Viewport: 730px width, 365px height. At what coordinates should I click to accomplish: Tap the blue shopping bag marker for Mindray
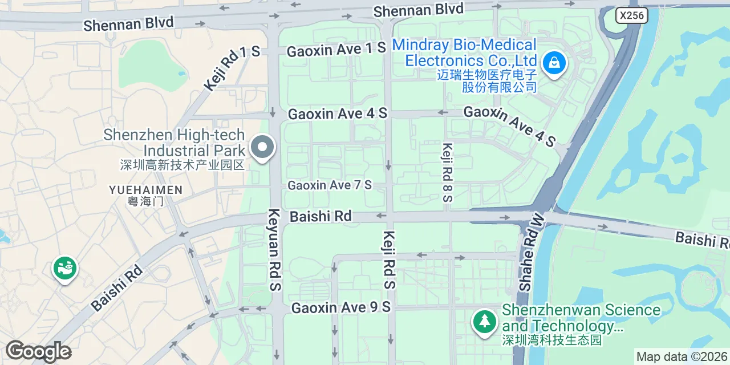point(554,63)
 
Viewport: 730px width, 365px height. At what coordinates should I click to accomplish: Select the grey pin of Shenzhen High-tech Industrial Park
point(262,147)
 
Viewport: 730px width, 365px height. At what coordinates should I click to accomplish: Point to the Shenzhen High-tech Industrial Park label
point(174,143)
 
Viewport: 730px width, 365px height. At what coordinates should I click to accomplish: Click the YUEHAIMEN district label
point(146,190)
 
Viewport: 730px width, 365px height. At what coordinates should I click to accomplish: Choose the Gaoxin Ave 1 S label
point(336,50)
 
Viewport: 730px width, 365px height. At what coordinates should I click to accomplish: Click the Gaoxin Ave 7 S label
point(330,185)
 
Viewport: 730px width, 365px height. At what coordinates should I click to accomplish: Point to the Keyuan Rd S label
point(274,250)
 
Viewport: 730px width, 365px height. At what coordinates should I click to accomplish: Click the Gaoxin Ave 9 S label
point(341,308)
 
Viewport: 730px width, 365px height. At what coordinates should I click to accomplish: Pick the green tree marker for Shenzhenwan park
point(484,321)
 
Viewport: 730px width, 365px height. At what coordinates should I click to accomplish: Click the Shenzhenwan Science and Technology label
point(581,318)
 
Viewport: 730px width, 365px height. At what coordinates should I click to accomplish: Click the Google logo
point(38,351)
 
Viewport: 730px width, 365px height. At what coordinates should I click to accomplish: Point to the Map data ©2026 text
point(682,357)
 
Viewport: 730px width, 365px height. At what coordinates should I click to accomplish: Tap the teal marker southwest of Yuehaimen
point(66,267)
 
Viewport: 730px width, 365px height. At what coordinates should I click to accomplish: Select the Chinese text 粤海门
point(146,201)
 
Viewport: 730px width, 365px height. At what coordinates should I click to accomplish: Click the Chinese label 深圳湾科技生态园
point(551,340)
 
